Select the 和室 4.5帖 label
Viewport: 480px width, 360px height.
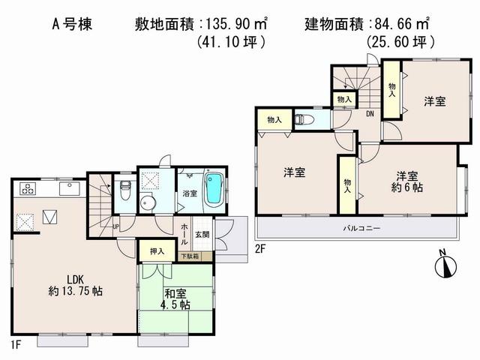coord(175,298)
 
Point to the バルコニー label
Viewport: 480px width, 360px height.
coord(362,227)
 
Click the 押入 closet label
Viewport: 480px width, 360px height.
coord(147,250)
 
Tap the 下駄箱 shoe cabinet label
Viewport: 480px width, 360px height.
coord(190,256)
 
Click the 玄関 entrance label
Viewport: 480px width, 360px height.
coord(202,235)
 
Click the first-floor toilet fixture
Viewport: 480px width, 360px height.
coord(125,191)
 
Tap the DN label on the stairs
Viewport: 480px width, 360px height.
coord(370,114)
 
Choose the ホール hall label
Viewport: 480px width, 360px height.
coord(184,228)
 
